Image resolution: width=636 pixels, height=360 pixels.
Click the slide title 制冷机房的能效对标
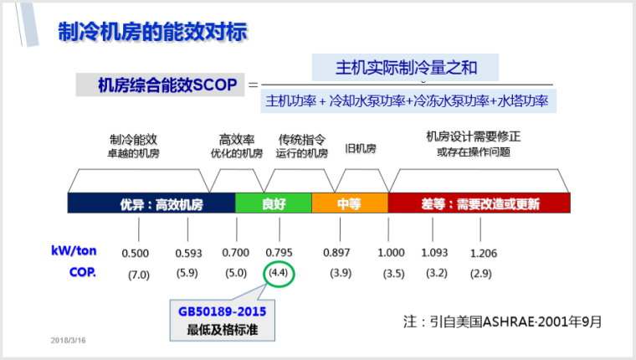pos(152,33)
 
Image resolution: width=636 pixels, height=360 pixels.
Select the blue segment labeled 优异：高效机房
pos(151,203)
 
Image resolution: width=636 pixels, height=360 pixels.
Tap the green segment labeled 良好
pos(273,203)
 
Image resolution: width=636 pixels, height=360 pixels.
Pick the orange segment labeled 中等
pos(349,203)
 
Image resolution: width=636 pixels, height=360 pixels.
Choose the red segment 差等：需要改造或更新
pos(480,203)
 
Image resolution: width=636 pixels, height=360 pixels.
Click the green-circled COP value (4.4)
pos(278,274)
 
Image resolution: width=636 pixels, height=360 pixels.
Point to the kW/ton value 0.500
pos(135,253)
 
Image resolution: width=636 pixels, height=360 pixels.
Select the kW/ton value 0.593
pos(188,253)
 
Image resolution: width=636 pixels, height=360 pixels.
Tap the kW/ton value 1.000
pos(391,253)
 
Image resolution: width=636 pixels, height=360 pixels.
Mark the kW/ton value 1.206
pos(483,253)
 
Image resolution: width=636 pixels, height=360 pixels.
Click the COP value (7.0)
pos(138,274)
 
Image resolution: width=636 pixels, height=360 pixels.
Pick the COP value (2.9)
pos(481,274)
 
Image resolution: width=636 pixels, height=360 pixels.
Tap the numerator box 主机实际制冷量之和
pos(405,67)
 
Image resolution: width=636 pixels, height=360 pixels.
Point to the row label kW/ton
pos(74,251)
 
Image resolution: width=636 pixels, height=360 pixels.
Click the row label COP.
pos(82,272)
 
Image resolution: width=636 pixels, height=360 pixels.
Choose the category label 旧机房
pos(361,148)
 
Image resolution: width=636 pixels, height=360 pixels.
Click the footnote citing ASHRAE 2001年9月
pos(501,320)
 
